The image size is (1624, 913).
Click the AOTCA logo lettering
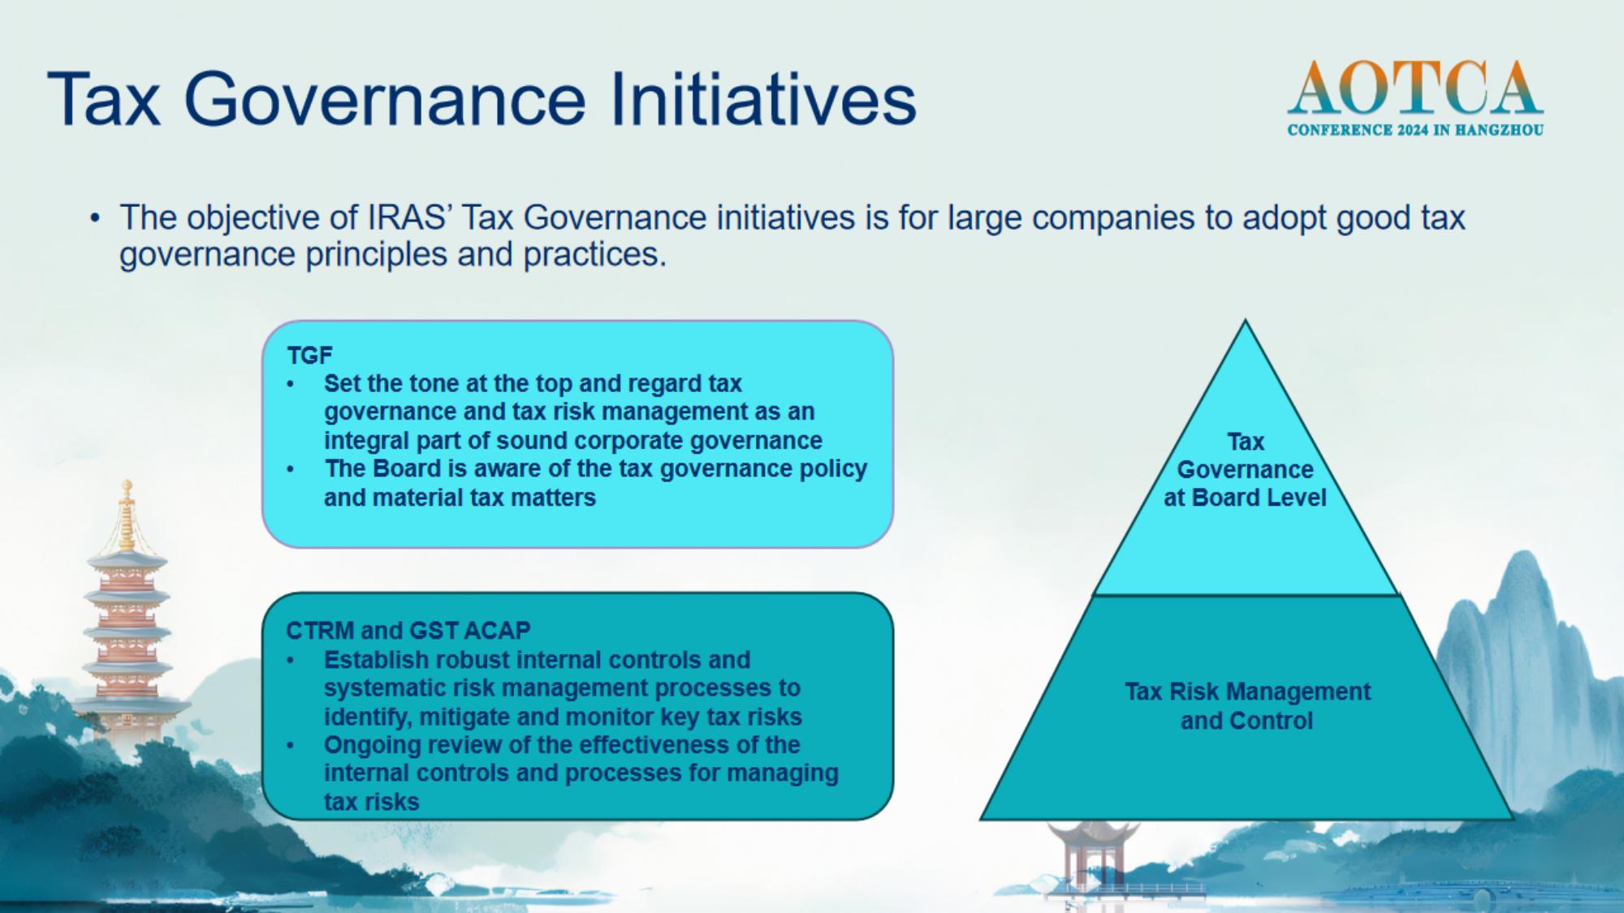(x=1415, y=88)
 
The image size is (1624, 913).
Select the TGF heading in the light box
(x=309, y=355)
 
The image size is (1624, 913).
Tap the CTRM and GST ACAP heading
(x=408, y=631)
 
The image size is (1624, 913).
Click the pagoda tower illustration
(x=128, y=617)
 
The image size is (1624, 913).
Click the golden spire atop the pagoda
(x=127, y=515)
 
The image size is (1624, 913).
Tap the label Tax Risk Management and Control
(x=1247, y=706)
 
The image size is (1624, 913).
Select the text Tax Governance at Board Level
(x=1245, y=470)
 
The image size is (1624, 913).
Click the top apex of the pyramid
(x=1245, y=321)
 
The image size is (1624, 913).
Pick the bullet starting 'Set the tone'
(x=572, y=411)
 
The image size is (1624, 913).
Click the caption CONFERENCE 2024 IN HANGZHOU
(x=1415, y=130)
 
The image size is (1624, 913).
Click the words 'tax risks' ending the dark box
(x=371, y=802)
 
